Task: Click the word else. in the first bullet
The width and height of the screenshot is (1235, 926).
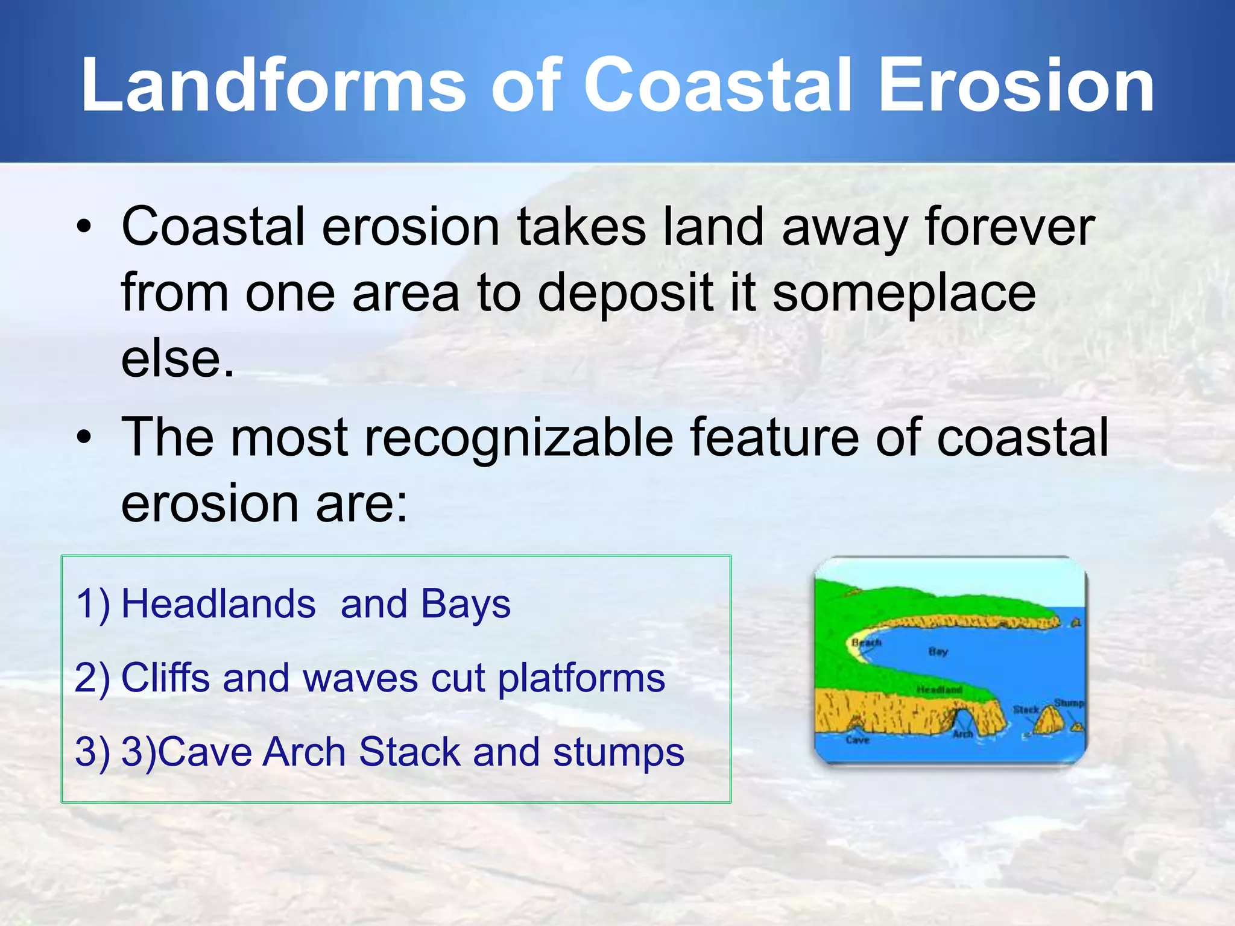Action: pos(177,359)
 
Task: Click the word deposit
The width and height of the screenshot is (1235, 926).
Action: pos(625,293)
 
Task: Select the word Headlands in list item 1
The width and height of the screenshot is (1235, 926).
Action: pos(218,604)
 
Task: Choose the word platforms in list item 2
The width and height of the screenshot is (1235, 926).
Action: pos(581,678)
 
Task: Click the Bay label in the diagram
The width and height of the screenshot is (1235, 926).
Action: pos(938,652)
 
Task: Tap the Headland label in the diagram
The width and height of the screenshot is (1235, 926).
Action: pos(939,690)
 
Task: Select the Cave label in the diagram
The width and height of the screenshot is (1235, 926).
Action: pos(857,740)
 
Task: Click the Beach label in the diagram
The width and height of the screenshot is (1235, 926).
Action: pos(867,643)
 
